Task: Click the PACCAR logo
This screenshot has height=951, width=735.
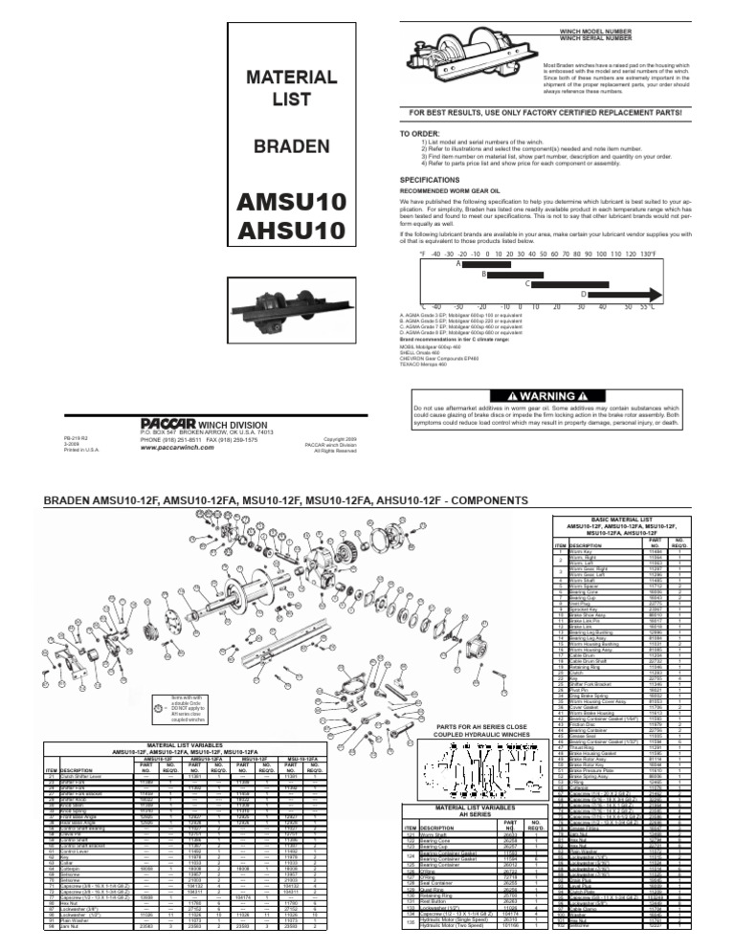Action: (160, 420)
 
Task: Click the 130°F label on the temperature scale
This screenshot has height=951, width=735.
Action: (648, 254)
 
